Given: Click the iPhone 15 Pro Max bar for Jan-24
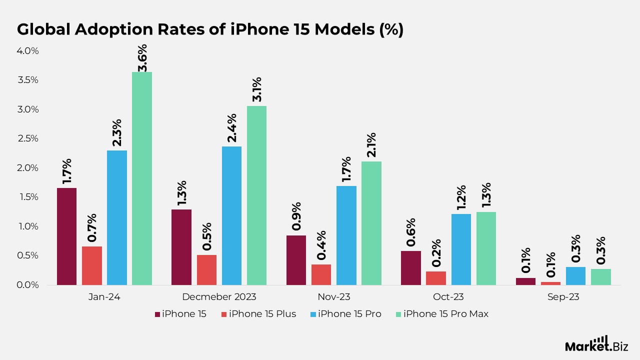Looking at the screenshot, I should tap(142, 178).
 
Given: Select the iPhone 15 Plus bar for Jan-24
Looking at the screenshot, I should tap(92, 265).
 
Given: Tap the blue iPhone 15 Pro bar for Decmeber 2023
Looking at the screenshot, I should tap(231, 215).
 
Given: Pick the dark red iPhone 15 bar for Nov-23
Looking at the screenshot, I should tap(296, 260).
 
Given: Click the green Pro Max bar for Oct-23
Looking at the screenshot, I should tap(486, 248).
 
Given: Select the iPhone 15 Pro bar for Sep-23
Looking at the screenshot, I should tap(575, 276).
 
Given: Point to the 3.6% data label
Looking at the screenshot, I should tap(142, 58).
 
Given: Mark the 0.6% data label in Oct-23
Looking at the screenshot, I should tap(411, 232).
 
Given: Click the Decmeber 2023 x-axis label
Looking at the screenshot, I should tap(219, 297).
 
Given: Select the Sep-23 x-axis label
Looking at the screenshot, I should tap(563, 297).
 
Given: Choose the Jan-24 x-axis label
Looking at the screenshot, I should tap(104, 297).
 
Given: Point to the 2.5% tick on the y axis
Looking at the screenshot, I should tap(28, 138).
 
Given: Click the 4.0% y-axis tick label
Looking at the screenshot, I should tap(28, 51).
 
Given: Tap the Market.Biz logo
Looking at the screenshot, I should tap(596, 344).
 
